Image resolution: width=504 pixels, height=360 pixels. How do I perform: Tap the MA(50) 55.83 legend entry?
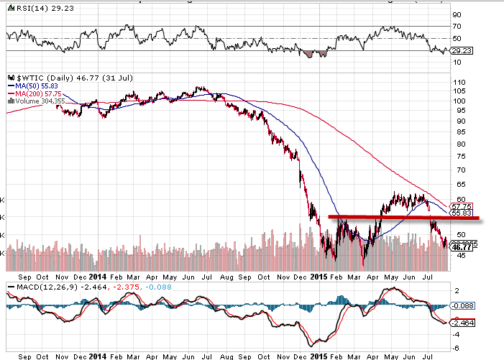click(x=35, y=83)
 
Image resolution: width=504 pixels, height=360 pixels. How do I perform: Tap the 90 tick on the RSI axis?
click(x=456, y=14)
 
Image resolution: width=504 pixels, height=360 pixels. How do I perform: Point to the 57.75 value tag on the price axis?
click(x=461, y=205)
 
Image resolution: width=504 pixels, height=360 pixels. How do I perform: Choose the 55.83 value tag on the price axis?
click(x=461, y=213)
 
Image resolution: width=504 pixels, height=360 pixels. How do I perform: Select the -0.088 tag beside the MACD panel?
click(x=464, y=305)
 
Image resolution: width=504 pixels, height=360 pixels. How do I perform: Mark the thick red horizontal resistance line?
click(x=403, y=217)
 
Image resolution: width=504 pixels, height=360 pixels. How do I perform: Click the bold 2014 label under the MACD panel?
click(x=100, y=355)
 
